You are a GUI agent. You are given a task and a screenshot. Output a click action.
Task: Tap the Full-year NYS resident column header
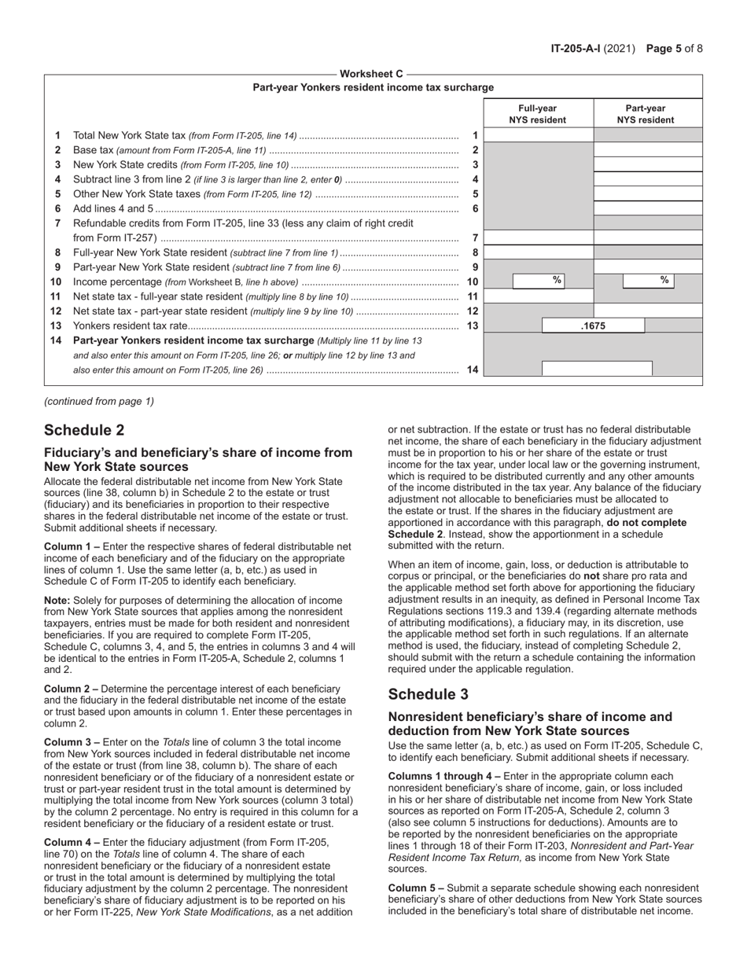tap(537, 114)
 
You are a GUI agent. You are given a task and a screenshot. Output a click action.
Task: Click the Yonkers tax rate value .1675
tap(593, 325)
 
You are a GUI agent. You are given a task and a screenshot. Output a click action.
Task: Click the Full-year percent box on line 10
tap(539, 281)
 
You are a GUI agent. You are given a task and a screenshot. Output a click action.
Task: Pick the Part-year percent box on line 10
tap(648, 281)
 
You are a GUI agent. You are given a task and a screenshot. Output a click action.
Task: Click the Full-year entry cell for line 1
tap(538, 135)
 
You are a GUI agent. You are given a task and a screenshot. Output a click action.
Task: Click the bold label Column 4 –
tap(72, 842)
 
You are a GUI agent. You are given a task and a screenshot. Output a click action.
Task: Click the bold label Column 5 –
tap(415, 888)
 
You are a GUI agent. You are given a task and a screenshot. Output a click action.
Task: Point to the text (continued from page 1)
tap(99, 401)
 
